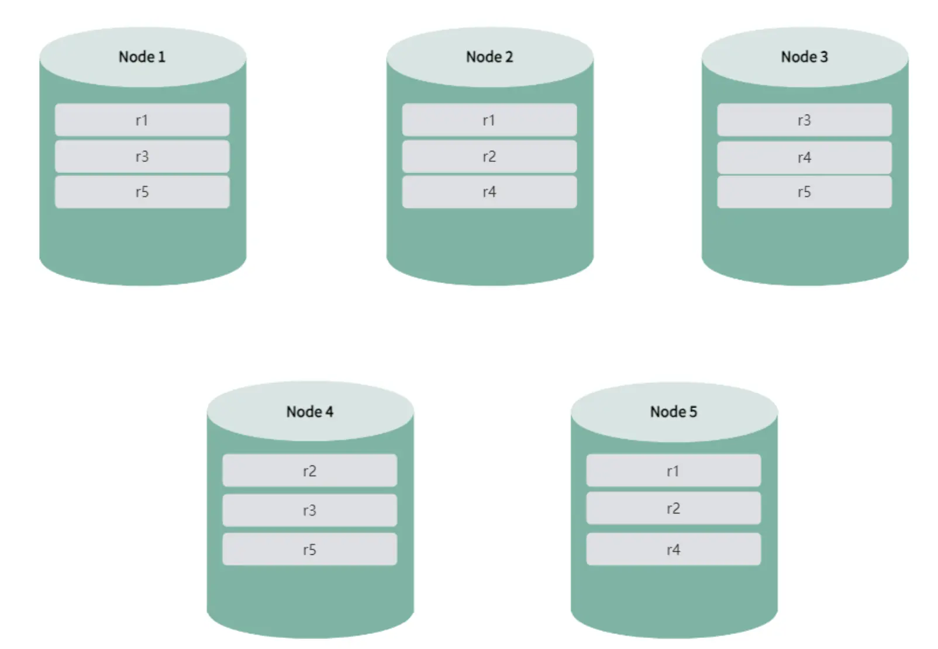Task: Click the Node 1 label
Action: [x=142, y=57]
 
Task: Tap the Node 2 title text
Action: [x=489, y=57]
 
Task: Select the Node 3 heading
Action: [x=805, y=57]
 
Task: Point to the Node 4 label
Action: [x=310, y=412]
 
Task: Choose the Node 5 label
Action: [x=674, y=412]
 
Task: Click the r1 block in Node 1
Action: [x=142, y=120]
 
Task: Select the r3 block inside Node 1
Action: [x=142, y=156]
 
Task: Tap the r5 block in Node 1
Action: [x=142, y=192]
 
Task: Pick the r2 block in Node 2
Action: [x=489, y=156]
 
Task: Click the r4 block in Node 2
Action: [x=489, y=192]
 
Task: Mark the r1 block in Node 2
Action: [x=489, y=120]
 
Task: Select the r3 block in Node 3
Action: [x=805, y=120]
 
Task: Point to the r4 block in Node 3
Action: [x=805, y=157]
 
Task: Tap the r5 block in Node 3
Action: [x=805, y=192]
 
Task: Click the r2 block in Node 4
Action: [x=310, y=470]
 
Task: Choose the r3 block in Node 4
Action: [x=310, y=510]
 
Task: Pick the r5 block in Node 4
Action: [x=310, y=549]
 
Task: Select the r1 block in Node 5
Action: [x=674, y=470]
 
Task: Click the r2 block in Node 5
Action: [x=674, y=508]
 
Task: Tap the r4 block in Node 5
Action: [x=674, y=549]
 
